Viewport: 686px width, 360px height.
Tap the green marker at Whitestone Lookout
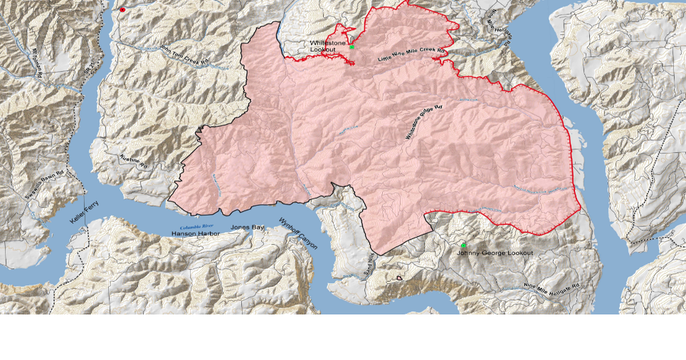(352, 46)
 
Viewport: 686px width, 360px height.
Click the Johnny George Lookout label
(494, 253)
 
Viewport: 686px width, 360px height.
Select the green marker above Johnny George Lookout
(463, 245)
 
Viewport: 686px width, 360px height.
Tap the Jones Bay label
(247, 228)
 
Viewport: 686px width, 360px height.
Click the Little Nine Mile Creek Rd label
(411, 55)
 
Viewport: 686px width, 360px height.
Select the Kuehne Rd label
(134, 162)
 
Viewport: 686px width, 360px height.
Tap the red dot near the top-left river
(122, 10)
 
